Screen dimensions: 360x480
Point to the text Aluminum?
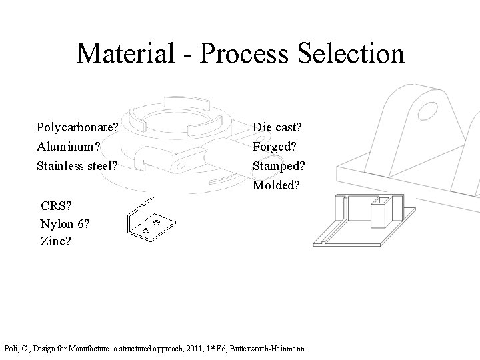click(x=67, y=145)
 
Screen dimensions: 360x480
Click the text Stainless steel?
click(x=77, y=164)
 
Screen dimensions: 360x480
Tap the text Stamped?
click(x=279, y=164)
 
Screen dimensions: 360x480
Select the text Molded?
click(x=277, y=184)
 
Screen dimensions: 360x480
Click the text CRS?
click(x=56, y=205)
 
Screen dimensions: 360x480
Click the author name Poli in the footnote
click(x=13, y=348)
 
